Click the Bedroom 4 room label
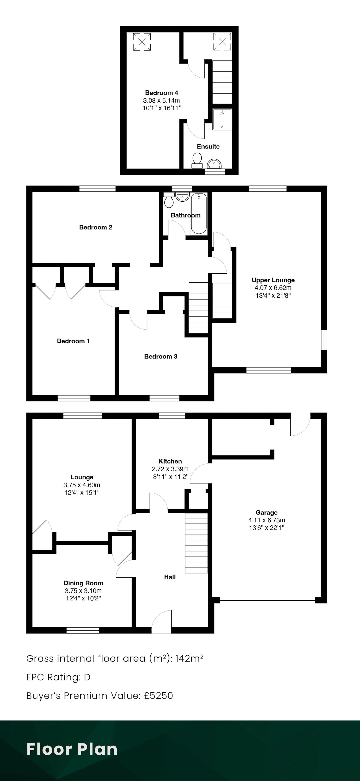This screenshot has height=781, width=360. point(161,93)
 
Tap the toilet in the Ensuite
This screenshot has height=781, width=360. point(197,160)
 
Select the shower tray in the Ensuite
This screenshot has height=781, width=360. point(222,119)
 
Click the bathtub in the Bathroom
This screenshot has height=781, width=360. point(199,213)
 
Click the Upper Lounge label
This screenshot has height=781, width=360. point(273,280)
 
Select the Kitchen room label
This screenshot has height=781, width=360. point(170,461)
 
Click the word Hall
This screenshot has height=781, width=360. point(170,577)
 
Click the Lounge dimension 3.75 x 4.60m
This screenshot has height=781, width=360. point(82,485)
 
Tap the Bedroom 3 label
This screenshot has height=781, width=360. point(161,356)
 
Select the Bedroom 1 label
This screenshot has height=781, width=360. point(73,341)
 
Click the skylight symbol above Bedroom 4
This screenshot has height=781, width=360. point(142,42)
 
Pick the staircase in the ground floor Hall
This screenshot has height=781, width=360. point(196,543)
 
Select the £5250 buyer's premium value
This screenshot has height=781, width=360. point(158,695)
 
